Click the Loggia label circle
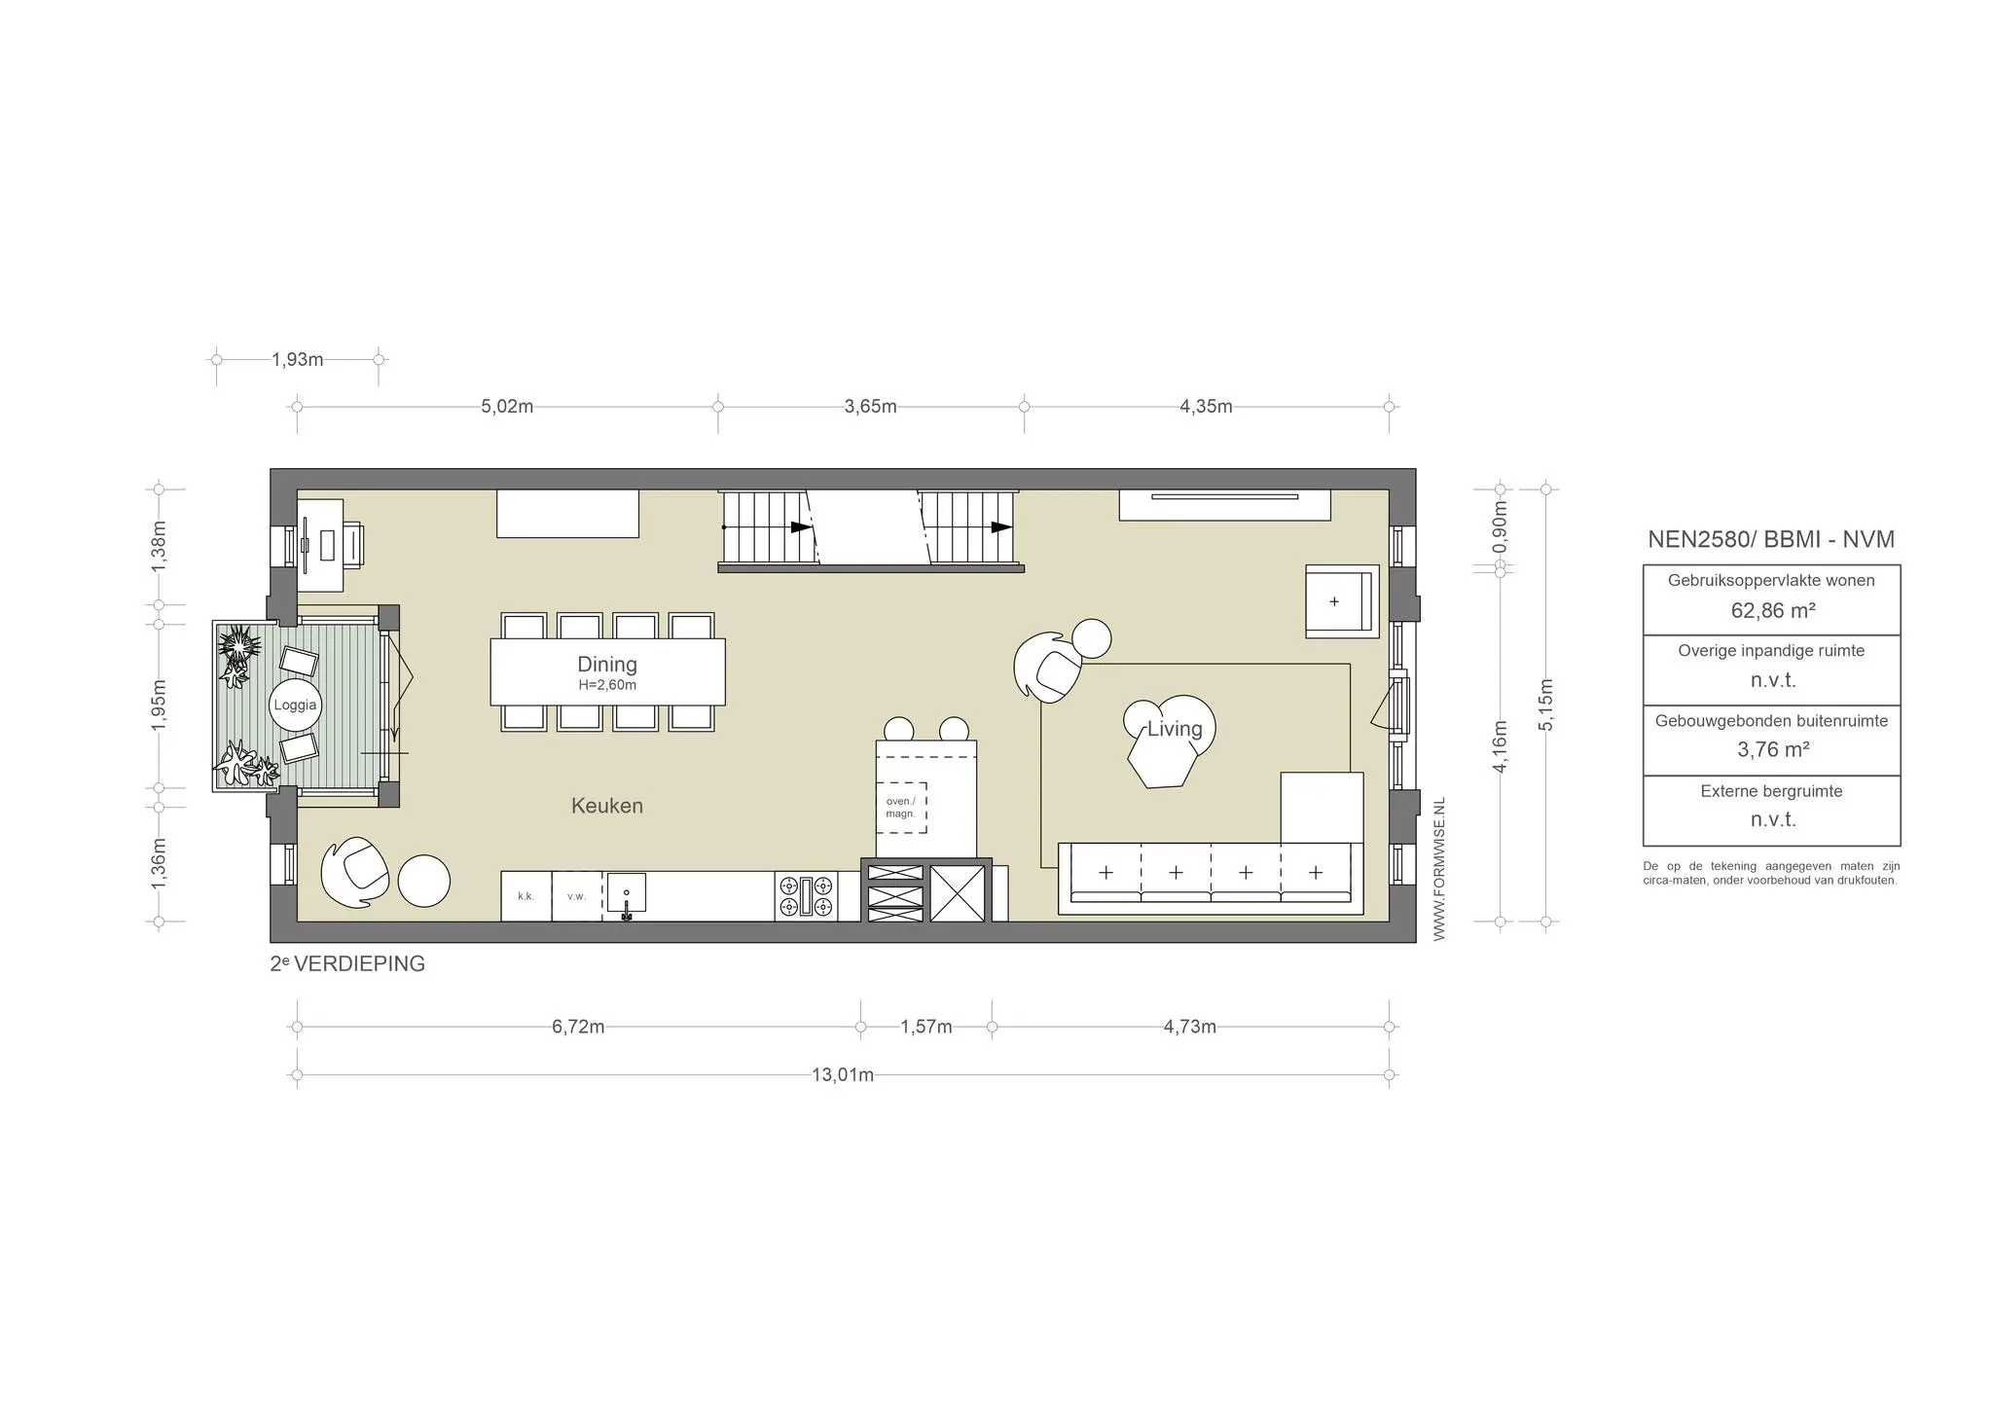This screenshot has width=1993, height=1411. [295, 705]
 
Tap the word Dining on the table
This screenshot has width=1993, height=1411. [607, 665]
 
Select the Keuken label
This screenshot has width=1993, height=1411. [607, 806]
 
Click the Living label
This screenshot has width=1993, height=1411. [1175, 729]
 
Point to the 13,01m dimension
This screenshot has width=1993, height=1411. [843, 1075]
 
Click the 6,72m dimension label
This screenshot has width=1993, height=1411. [578, 1027]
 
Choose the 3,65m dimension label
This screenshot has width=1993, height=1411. [871, 407]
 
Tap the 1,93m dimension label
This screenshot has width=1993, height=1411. [298, 359]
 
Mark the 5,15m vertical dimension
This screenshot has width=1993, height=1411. [1546, 704]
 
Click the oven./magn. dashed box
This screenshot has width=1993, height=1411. [901, 808]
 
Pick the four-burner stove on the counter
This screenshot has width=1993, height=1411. [806, 896]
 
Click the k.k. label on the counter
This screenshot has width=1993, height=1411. [525, 896]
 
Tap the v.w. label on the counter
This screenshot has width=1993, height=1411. [577, 896]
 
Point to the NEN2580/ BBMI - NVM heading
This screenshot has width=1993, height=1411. [1771, 540]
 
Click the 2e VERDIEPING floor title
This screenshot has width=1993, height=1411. [347, 964]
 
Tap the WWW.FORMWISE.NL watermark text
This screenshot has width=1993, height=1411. [1440, 869]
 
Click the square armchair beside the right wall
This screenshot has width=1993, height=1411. [1342, 601]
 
